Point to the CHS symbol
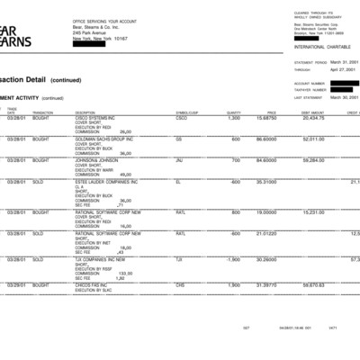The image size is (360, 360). [180, 284]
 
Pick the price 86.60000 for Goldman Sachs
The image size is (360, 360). [265, 139]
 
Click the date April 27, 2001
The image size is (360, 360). [343, 68]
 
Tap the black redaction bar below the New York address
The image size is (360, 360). [91, 45]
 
